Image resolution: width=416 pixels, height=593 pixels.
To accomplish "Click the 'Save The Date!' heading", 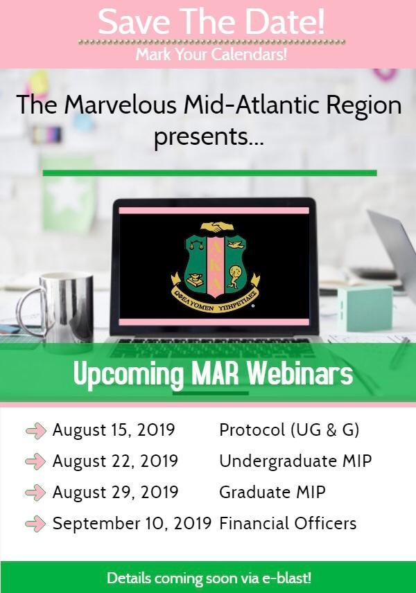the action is [x=211, y=22].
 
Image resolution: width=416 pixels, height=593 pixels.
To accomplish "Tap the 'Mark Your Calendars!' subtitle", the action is [x=211, y=54].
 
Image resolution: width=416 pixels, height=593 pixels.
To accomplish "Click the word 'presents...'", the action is [x=209, y=137].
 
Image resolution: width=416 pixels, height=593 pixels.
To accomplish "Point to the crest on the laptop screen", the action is [x=216, y=266].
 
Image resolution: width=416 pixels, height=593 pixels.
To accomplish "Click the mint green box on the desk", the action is [x=365, y=308].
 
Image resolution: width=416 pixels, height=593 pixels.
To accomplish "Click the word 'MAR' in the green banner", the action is [x=215, y=374].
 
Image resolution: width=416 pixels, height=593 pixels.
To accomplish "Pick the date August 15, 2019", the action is [x=114, y=430].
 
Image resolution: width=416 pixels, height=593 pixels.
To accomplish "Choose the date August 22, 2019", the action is [x=115, y=461].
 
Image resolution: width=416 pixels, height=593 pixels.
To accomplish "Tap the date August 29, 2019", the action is [x=115, y=492].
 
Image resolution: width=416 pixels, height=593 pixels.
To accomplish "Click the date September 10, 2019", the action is [x=132, y=524].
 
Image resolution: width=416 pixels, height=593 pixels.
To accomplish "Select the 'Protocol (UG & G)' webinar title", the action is [x=289, y=430].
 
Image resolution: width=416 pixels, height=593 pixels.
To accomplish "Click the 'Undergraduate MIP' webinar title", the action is [x=295, y=461].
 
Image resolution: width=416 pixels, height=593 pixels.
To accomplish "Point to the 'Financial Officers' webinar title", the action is [x=288, y=524].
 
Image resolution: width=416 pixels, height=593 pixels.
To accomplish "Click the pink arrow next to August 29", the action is [x=35, y=493].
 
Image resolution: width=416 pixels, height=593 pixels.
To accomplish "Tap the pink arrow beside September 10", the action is [x=35, y=524].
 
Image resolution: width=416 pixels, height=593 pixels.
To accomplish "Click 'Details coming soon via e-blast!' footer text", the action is [x=209, y=578].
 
